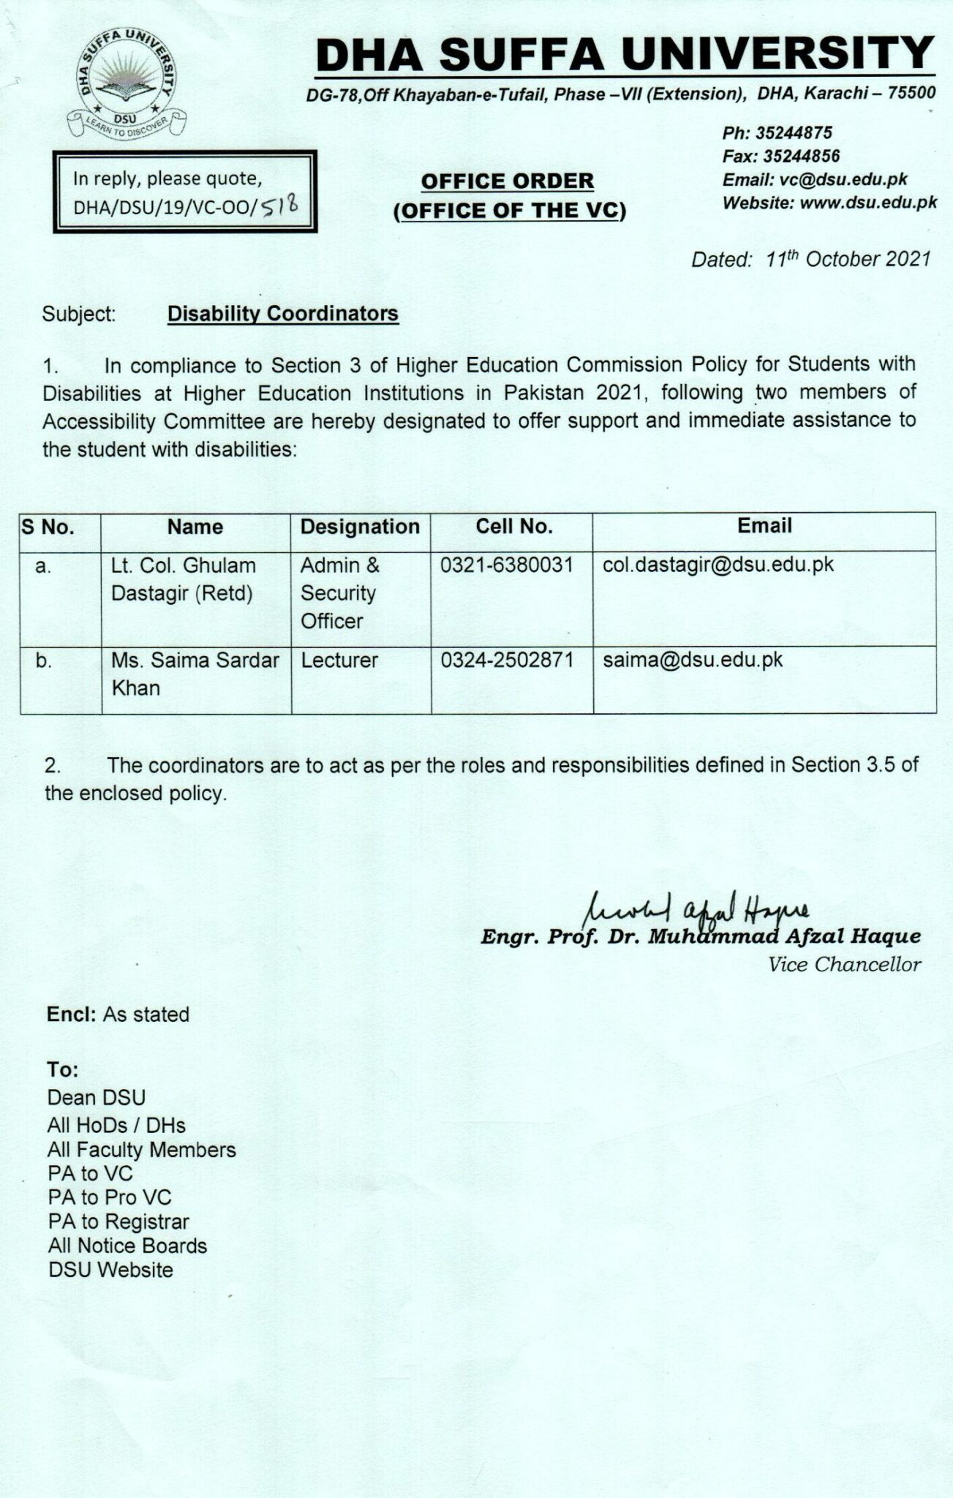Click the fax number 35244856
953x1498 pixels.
pos(801,156)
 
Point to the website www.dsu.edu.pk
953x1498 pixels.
pos(868,203)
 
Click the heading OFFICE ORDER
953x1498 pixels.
pos(508,181)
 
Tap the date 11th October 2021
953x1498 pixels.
pos(848,259)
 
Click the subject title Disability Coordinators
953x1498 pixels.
pos(283,314)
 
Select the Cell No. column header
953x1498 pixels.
pos(513,527)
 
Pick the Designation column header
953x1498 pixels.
pos(360,527)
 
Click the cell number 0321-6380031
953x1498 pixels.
pos(507,565)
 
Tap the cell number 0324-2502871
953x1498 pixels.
pos(507,660)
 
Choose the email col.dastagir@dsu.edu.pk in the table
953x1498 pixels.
pos(718,565)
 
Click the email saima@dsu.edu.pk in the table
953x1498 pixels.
pos(693,660)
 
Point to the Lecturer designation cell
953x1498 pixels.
pos(339,660)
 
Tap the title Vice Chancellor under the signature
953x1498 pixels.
pos(844,965)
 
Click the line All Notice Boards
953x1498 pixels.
pos(127,1246)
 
